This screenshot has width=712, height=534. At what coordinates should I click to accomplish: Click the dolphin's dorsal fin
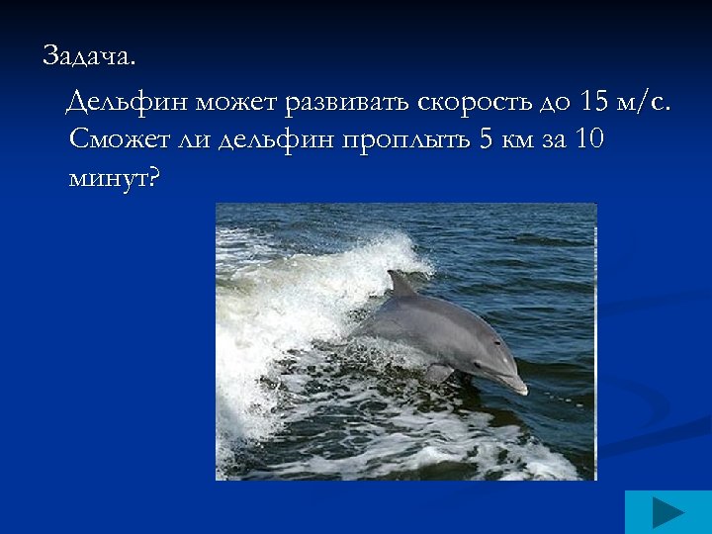coord(400,285)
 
